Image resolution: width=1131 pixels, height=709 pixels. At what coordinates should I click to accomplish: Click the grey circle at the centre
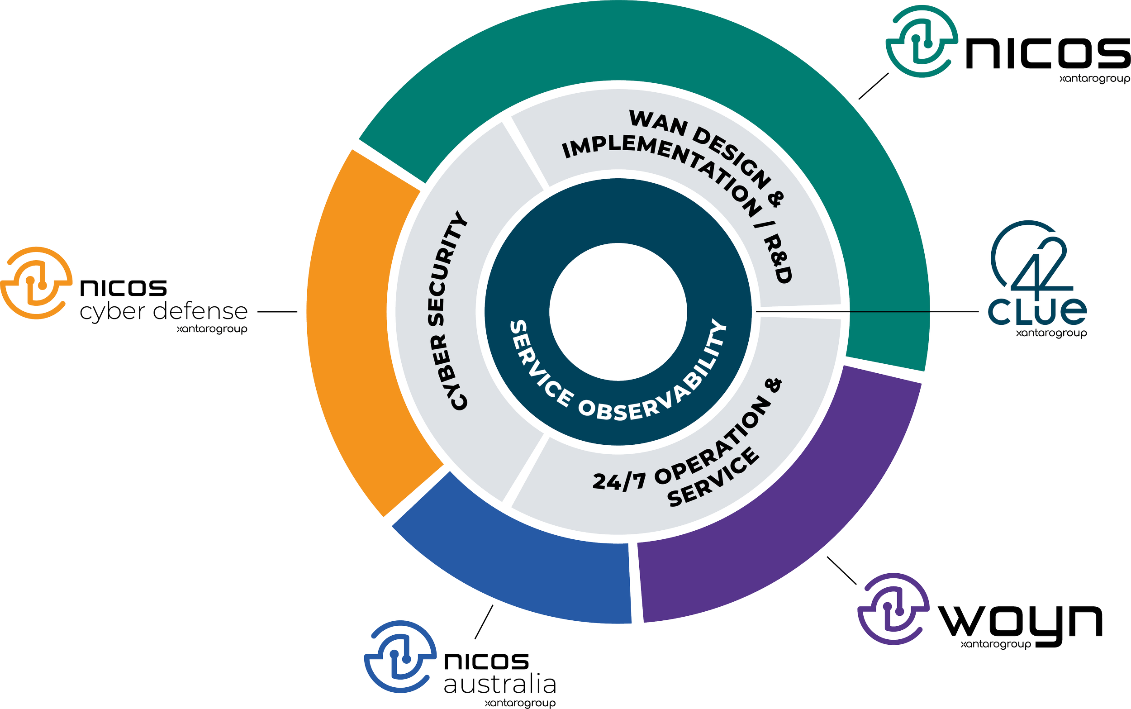point(618,312)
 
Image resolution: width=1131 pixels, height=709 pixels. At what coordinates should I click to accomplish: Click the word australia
point(499,685)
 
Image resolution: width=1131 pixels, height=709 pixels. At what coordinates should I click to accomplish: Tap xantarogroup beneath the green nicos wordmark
point(1095,79)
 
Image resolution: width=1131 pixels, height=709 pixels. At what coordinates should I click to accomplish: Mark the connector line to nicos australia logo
point(484,622)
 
